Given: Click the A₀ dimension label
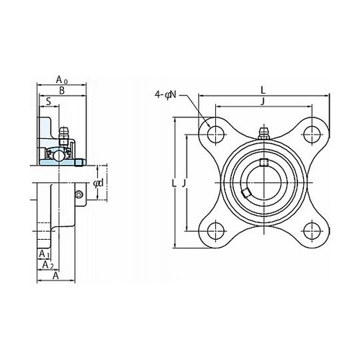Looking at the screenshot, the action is (62, 79).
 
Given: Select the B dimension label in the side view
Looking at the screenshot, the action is (62, 91).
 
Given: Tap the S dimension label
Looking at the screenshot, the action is (48, 102).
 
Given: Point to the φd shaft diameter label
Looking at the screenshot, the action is (99, 183).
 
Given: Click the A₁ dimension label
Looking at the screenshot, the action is (45, 254).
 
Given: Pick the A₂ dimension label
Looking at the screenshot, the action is (48, 265).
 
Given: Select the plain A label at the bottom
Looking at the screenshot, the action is (55, 276).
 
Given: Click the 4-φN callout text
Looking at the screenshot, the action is (166, 95).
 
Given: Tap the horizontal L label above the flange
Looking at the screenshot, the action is (264, 91).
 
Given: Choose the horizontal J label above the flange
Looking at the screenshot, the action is (263, 102).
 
